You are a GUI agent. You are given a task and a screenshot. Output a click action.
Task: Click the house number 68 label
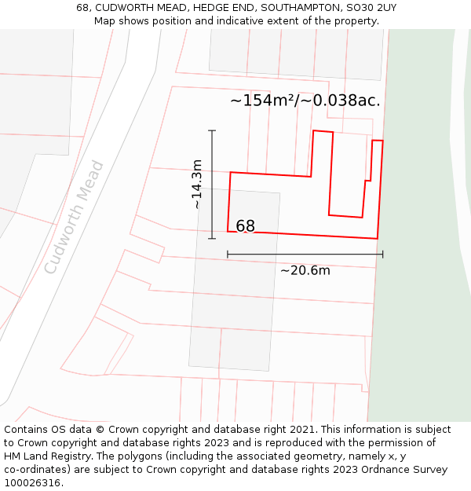(245, 226)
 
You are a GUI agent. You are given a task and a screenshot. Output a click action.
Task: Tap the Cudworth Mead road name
(75, 217)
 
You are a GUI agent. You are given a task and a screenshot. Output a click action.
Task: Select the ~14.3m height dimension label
(197, 184)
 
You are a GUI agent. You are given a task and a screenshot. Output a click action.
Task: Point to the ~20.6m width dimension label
(305, 271)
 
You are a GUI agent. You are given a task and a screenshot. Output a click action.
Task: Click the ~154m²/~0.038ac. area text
(305, 101)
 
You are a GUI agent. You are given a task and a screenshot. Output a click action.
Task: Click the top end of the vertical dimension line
(212, 130)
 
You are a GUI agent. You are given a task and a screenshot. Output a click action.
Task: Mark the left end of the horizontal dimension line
(228, 254)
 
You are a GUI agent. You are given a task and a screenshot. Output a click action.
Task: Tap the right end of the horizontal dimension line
(383, 254)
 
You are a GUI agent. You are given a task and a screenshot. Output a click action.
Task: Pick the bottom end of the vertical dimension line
(212, 238)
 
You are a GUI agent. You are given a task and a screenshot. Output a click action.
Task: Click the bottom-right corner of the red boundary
(378, 238)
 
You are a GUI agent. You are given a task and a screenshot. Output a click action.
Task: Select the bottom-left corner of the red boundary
(228, 231)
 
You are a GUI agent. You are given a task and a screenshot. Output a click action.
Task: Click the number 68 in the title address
(82, 8)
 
